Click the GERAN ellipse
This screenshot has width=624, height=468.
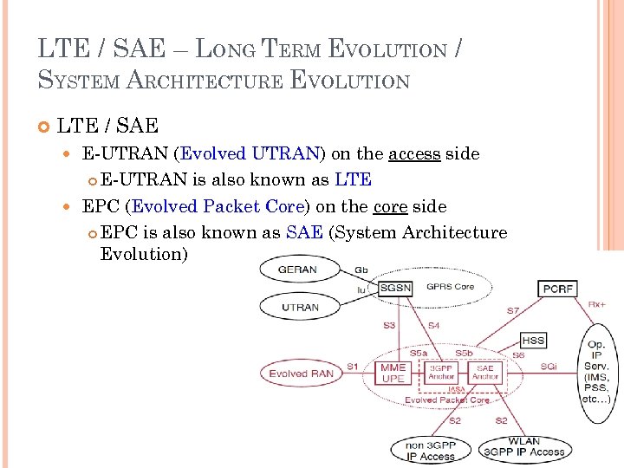[x=297, y=270]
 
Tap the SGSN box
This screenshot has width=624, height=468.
[x=396, y=287]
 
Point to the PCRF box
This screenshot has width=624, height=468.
[x=557, y=288]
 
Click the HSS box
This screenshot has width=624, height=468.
[x=533, y=341]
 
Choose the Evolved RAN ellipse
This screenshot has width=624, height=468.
[x=301, y=374]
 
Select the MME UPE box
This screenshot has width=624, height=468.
[x=393, y=374]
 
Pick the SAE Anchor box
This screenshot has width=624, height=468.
[x=485, y=373]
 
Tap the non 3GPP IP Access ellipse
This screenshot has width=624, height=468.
[x=431, y=451]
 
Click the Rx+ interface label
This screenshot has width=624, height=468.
[x=597, y=304]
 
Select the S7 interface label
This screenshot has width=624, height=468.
[x=514, y=309]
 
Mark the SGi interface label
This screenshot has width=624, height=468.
[x=549, y=367]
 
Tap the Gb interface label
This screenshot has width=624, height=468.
[x=361, y=270]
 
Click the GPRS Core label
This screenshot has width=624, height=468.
[x=450, y=286]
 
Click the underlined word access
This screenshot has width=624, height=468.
[x=414, y=153]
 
